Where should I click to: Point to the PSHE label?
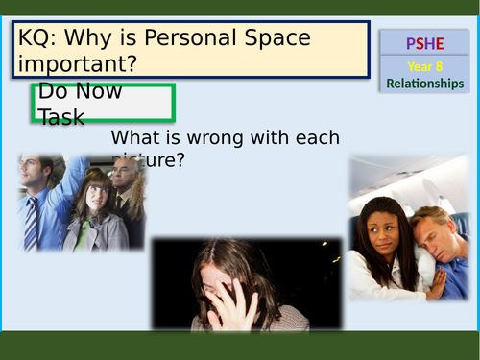tap(424, 43)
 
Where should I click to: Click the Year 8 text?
tap(424, 67)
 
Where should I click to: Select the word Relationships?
tap(424, 84)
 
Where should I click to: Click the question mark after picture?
tap(179, 158)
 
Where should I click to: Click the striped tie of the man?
tap(34, 220)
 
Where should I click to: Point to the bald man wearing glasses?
tap(124, 179)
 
